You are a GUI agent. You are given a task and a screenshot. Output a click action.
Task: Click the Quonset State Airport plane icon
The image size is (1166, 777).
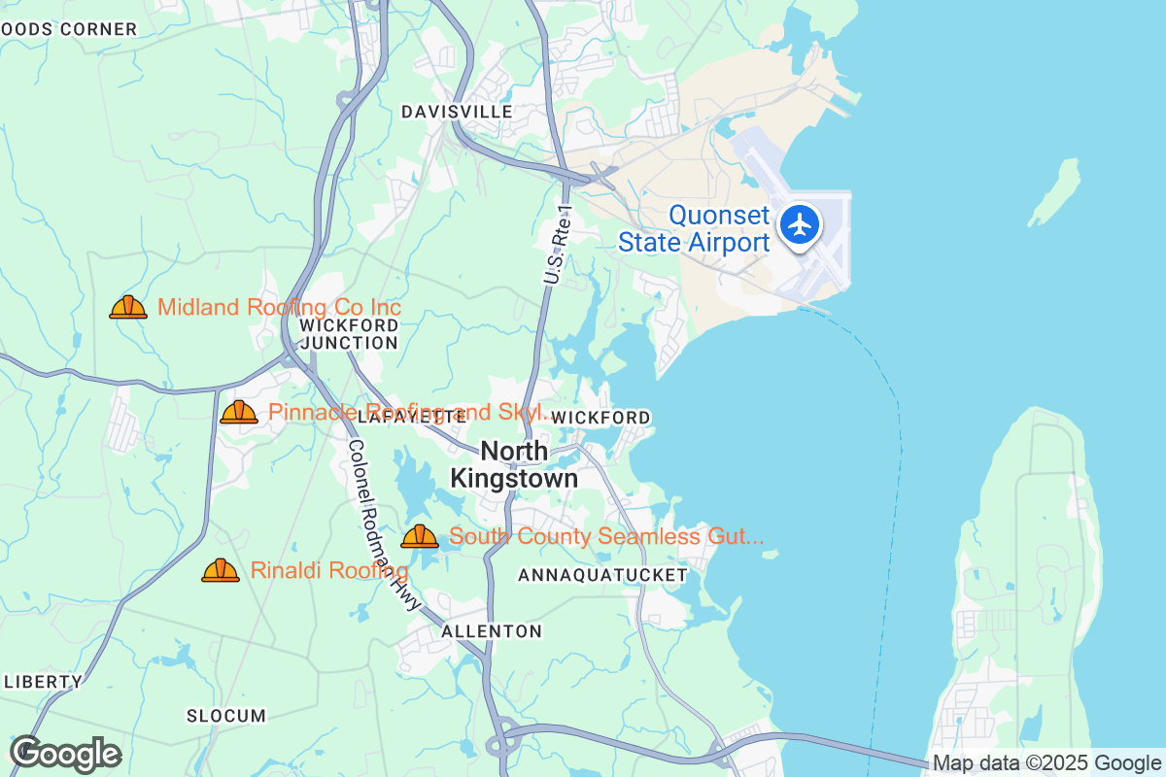pyautogui.click(x=800, y=224)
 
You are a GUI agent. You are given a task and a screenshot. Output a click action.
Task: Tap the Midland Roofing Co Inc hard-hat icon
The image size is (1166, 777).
pyautogui.click(x=128, y=308)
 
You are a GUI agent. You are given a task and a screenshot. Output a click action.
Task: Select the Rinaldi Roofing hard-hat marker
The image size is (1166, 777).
pyautogui.click(x=221, y=570)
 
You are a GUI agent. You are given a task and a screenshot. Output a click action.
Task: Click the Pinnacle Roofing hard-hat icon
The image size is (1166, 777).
pyautogui.click(x=239, y=412)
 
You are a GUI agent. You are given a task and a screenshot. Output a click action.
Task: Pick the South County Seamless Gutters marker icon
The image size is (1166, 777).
pyautogui.click(x=420, y=536)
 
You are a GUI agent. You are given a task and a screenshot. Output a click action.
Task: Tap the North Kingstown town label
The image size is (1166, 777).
pyautogui.click(x=514, y=465)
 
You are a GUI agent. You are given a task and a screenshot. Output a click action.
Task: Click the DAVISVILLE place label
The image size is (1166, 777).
pyautogui.click(x=457, y=112)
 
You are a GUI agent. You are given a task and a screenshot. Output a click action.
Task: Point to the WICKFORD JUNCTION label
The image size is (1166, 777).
pyautogui.click(x=349, y=333)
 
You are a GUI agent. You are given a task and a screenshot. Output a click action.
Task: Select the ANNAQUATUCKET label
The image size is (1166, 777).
pyautogui.click(x=602, y=575)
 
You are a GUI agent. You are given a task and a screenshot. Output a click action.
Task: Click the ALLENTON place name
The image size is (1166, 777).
pyautogui.click(x=492, y=631)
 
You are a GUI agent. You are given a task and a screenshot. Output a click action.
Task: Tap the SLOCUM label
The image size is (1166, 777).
pyautogui.click(x=225, y=716)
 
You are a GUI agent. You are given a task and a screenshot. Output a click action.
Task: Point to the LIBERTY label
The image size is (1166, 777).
pyautogui.click(x=45, y=681)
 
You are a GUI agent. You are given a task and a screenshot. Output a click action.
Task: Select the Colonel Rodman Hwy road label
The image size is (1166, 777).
pyautogui.click(x=385, y=525)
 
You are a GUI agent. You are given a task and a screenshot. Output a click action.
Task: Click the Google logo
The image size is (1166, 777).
pyautogui.click(x=65, y=754)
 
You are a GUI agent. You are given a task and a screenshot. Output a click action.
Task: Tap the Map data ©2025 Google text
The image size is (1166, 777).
pyautogui.click(x=1046, y=762)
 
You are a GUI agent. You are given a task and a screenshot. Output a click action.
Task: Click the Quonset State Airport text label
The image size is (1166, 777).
pyautogui.click(x=694, y=229)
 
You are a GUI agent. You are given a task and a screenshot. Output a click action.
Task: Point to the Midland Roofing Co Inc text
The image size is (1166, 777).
pyautogui.click(x=279, y=308)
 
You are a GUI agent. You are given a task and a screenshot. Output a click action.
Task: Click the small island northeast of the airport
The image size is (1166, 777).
pyautogui.click(x=1056, y=191)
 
